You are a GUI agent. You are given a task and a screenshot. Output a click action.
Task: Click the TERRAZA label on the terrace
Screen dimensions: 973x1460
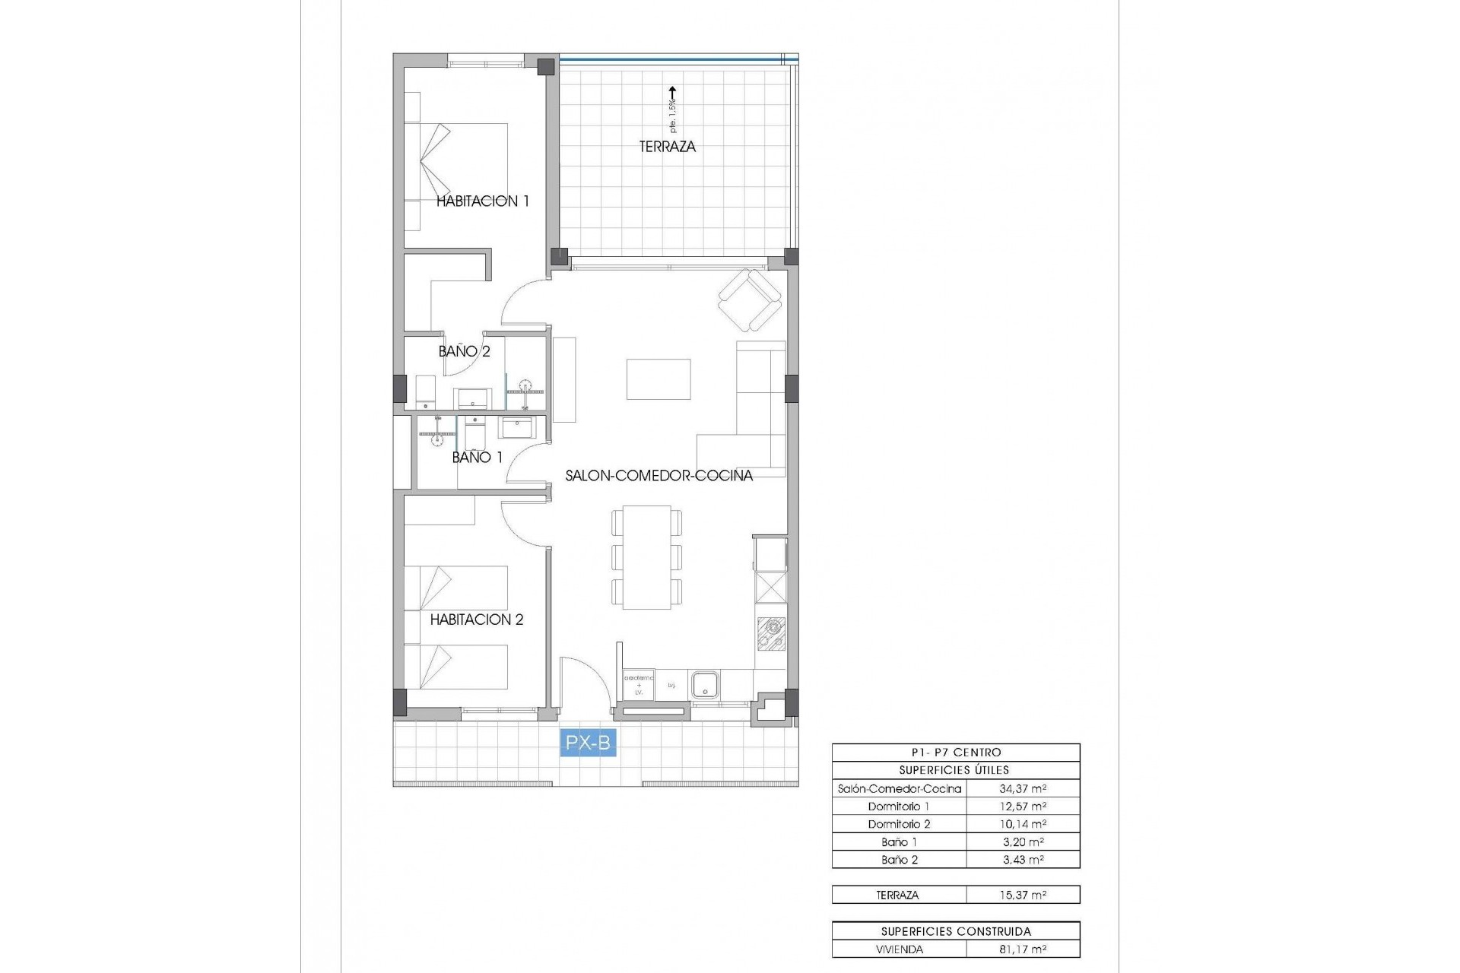point(667,147)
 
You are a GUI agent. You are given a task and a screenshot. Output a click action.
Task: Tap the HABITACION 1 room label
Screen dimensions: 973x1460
point(482,201)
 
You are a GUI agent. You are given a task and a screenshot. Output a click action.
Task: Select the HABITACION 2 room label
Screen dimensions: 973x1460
point(477,620)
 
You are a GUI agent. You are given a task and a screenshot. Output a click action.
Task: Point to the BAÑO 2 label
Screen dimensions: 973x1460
point(464,351)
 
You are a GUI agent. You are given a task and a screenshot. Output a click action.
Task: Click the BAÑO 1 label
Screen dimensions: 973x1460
point(477,458)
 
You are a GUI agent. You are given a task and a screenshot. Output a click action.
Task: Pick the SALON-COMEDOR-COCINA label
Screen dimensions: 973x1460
point(659,476)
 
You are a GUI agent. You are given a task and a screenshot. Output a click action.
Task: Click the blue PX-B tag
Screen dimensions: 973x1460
point(588,743)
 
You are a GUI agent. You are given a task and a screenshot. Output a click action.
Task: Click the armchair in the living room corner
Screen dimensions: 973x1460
point(750,302)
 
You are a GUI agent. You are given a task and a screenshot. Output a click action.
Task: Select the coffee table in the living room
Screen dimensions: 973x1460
point(659,379)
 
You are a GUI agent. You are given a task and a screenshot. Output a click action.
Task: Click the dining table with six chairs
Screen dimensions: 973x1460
point(646,557)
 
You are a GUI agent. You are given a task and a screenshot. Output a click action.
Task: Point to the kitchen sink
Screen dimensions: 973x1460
point(705,684)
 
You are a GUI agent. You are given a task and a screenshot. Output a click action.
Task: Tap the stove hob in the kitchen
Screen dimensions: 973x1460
point(771,633)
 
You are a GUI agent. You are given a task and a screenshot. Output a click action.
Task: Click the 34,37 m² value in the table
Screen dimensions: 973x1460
point(1023,789)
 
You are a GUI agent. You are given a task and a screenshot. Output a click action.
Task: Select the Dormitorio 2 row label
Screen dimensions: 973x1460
point(899,825)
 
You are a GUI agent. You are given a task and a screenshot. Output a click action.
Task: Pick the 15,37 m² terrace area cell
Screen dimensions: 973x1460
point(1023,895)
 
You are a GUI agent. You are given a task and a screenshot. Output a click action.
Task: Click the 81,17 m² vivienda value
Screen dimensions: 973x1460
point(1023,949)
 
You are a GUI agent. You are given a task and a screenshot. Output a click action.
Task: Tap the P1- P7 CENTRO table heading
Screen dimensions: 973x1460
point(955,753)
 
